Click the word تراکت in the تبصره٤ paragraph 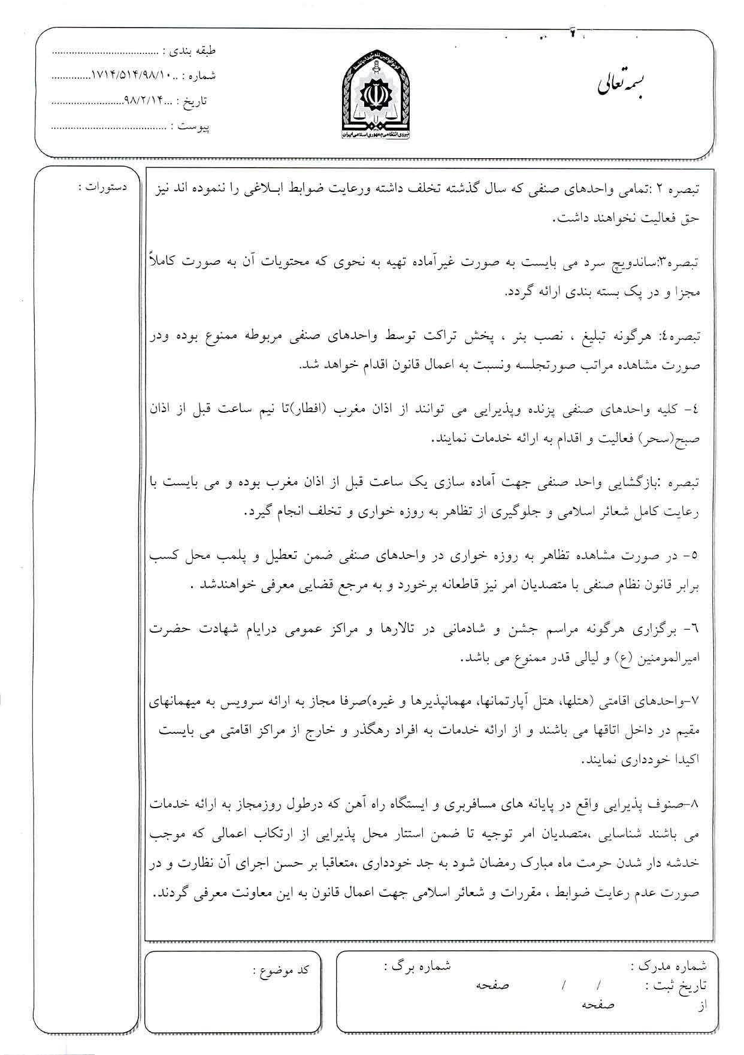442,337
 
